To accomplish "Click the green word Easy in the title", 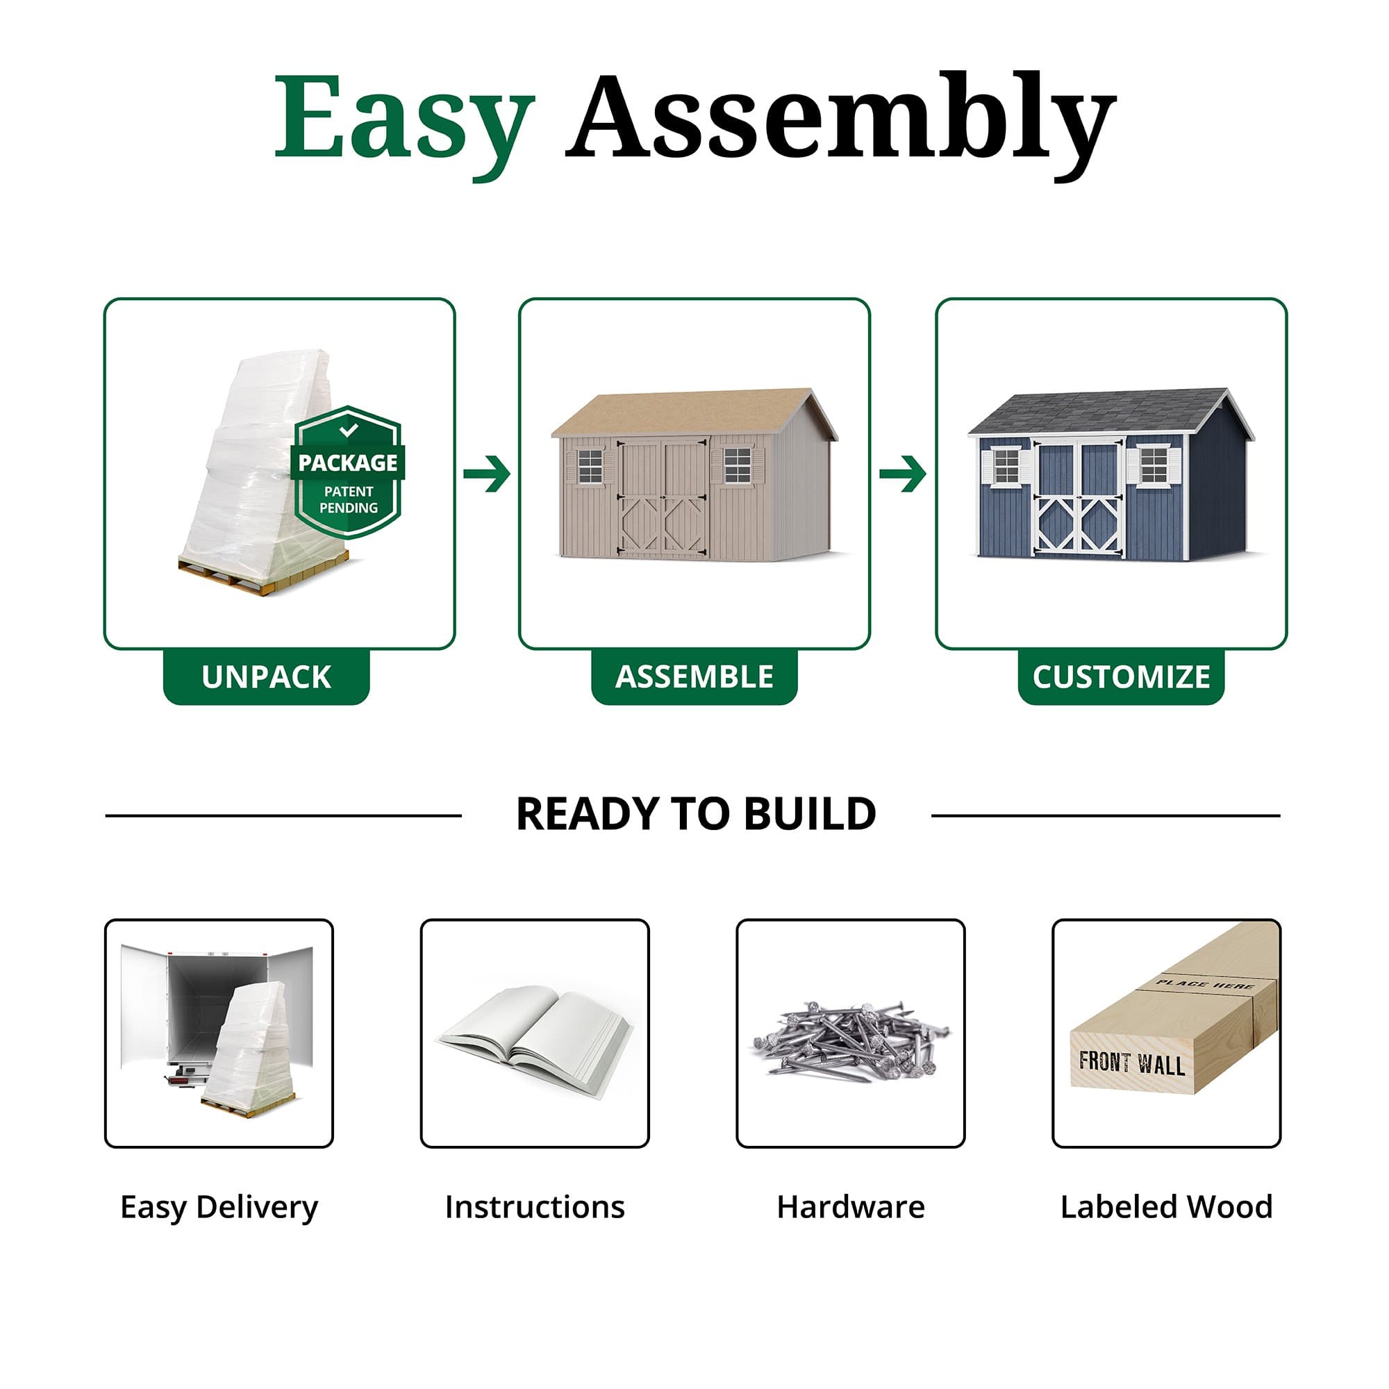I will [x=404, y=119].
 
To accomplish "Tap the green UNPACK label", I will [x=266, y=676].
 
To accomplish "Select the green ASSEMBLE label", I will [x=694, y=676].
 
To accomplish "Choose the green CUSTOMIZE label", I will [x=1121, y=676].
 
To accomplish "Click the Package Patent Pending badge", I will [x=348, y=472].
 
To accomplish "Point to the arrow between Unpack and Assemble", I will [x=488, y=473].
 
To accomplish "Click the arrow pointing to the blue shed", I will [x=903, y=473].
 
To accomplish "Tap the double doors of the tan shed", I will [x=662, y=497].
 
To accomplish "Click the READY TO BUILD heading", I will [x=696, y=814].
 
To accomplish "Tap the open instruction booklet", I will [x=535, y=1036].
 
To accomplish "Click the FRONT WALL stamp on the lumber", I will [x=1131, y=1063].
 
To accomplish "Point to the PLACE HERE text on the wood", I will [x=1205, y=984].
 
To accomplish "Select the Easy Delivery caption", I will [x=219, y=1207].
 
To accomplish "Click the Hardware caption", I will [x=851, y=1207].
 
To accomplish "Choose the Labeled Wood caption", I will [x=1166, y=1207].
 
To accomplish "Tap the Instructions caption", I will [x=535, y=1207].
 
